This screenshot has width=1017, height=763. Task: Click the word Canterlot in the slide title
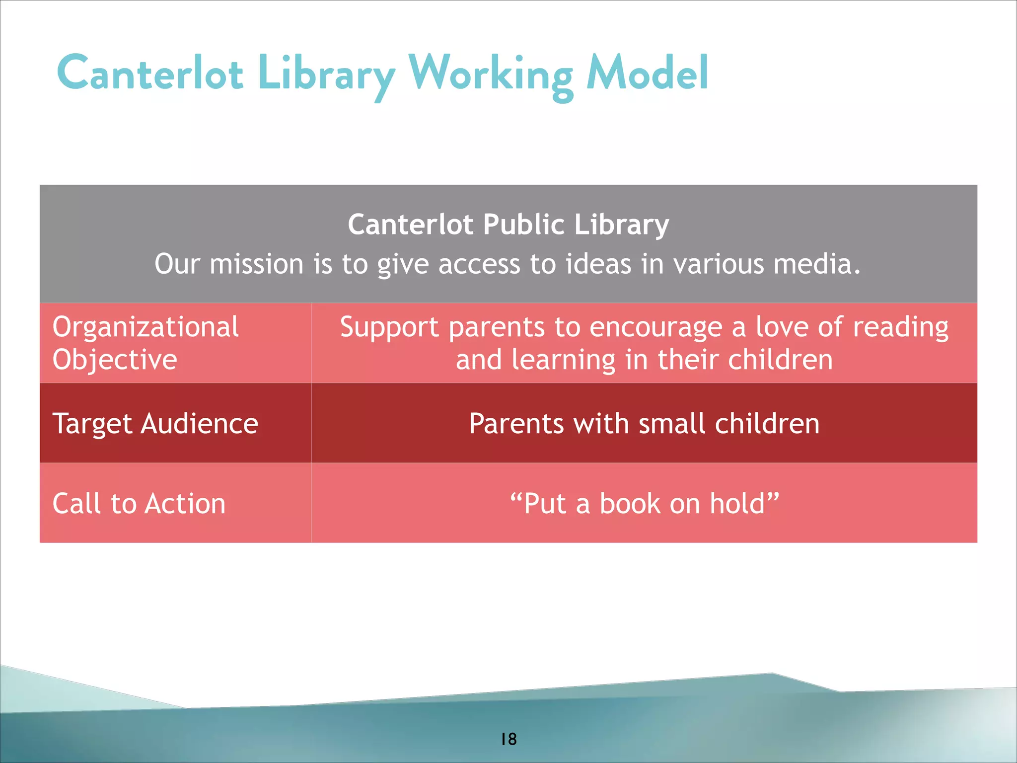150,74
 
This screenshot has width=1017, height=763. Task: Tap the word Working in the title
491,75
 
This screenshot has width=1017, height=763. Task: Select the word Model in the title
647,74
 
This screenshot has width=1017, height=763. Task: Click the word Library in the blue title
326,75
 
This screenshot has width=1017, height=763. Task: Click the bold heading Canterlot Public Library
508,225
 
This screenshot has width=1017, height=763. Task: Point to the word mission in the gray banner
256,264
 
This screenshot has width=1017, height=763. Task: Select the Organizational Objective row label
145,343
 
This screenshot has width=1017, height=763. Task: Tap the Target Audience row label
155,424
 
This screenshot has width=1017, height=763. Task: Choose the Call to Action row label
139,504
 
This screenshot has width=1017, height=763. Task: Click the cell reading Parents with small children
644,424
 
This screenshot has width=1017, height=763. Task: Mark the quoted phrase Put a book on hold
644,504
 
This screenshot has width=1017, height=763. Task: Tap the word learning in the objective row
564,360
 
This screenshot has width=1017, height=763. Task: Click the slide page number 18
508,739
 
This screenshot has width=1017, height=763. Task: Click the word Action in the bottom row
185,504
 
